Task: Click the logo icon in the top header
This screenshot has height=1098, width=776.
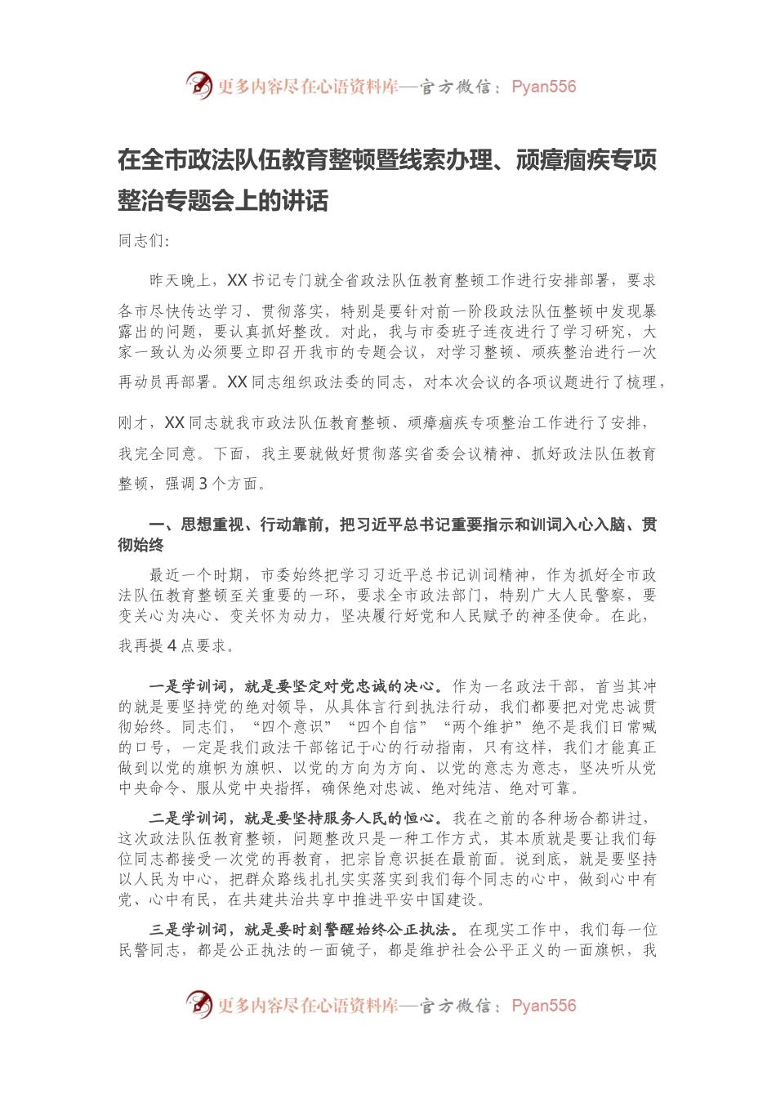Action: [x=198, y=85]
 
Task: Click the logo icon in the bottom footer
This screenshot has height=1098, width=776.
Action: [x=198, y=1004]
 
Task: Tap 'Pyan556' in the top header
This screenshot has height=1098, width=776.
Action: [x=543, y=87]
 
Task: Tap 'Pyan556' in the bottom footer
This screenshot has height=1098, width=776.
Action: [x=543, y=1006]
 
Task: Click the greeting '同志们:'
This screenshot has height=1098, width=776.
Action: [x=144, y=240]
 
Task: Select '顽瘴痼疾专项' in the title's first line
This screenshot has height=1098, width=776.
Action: [x=586, y=160]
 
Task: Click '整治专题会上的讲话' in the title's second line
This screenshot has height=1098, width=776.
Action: [x=223, y=199]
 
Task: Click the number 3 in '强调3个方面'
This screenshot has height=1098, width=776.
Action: [x=203, y=484]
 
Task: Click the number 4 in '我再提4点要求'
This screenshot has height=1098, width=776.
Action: [x=172, y=645]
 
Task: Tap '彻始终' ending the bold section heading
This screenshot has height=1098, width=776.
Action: [x=141, y=545]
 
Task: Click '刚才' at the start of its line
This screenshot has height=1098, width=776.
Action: [x=134, y=423]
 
